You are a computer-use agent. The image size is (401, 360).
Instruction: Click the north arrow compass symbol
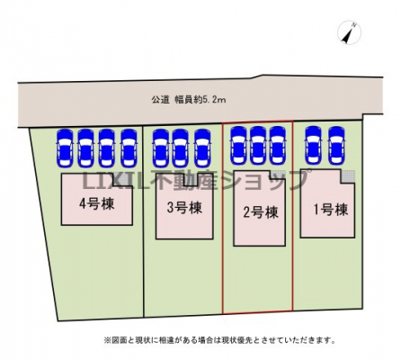click(x=349, y=32)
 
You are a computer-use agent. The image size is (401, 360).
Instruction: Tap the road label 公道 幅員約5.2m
click(x=189, y=100)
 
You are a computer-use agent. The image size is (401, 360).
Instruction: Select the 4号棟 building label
click(x=97, y=204)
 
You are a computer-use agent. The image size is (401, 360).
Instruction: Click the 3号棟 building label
click(x=184, y=208)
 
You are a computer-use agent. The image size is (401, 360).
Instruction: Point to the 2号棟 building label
click(x=261, y=212)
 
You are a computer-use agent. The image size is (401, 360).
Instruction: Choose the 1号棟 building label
click(x=331, y=210)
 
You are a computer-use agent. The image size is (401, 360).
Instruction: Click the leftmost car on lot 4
click(x=65, y=148)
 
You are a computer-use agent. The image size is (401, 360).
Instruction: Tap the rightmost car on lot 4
click(x=129, y=148)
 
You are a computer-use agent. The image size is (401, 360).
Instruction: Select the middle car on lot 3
click(x=181, y=148)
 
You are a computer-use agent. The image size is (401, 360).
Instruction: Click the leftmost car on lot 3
click(x=161, y=148)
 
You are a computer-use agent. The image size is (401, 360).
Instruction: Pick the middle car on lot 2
click(x=258, y=145)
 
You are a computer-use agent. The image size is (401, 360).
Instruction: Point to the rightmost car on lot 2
click(x=278, y=145)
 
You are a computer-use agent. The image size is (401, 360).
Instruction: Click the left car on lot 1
click(x=314, y=145)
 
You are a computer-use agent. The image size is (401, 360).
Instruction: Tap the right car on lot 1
click(x=336, y=145)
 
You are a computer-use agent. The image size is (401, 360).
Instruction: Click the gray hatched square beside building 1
click(x=348, y=176)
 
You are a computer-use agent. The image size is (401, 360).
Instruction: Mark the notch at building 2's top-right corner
click(x=277, y=175)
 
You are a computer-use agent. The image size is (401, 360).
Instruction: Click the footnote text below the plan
click(x=219, y=340)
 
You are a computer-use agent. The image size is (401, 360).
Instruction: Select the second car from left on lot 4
click(x=85, y=148)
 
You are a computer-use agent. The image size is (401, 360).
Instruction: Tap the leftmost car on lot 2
click(x=238, y=145)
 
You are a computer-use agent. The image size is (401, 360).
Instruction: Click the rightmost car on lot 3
click(x=202, y=148)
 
